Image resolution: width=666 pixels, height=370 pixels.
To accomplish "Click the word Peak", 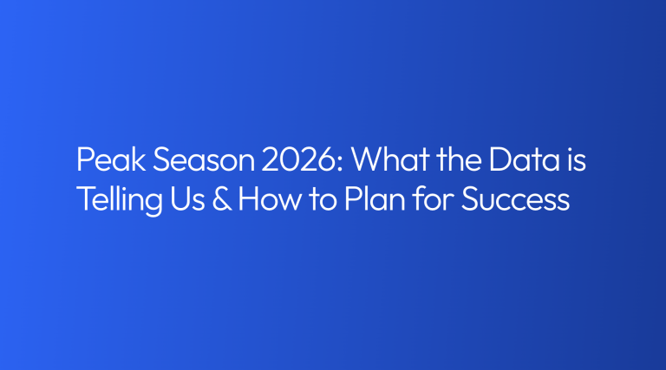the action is click(x=111, y=159).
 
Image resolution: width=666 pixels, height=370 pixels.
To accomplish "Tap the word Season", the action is click(x=204, y=159).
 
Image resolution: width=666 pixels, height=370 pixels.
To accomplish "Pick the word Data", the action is click(x=524, y=159).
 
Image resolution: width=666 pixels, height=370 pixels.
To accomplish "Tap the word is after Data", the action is click(x=577, y=159).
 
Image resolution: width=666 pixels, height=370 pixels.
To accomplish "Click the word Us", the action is click(x=187, y=198).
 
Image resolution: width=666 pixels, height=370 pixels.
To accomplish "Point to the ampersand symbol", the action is click(x=222, y=198).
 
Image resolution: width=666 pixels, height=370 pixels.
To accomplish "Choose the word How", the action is click(x=270, y=198).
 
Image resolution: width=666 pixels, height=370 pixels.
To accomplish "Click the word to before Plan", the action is click(x=323, y=199).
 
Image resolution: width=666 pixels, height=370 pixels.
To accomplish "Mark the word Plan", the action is click(x=375, y=198).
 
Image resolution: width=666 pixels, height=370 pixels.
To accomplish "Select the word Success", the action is click(x=515, y=198).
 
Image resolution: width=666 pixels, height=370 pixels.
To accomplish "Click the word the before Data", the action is click(x=459, y=159).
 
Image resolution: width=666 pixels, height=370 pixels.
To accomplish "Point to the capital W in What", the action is click(x=368, y=159).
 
